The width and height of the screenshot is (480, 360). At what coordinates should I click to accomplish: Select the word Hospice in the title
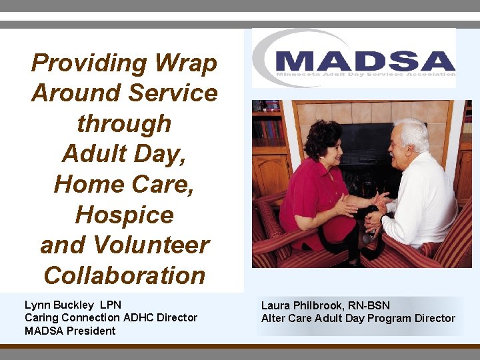pos(124,215)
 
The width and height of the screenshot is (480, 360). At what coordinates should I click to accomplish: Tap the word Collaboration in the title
pos(124,275)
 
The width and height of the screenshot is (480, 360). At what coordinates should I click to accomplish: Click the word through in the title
pos(124,124)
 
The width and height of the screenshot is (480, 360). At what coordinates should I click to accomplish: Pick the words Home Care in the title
pos(124,184)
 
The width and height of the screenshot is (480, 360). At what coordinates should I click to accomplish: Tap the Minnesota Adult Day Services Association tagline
pos(365,75)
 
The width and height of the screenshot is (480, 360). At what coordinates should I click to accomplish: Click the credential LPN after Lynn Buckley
pos(109,305)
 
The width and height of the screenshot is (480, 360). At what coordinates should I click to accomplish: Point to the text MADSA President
pos(70,331)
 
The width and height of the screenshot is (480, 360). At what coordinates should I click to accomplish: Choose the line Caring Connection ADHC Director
pos(111,318)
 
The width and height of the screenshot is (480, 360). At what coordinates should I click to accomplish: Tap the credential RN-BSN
pos(366,306)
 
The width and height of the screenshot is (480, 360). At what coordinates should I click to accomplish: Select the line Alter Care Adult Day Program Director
pos(358,319)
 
